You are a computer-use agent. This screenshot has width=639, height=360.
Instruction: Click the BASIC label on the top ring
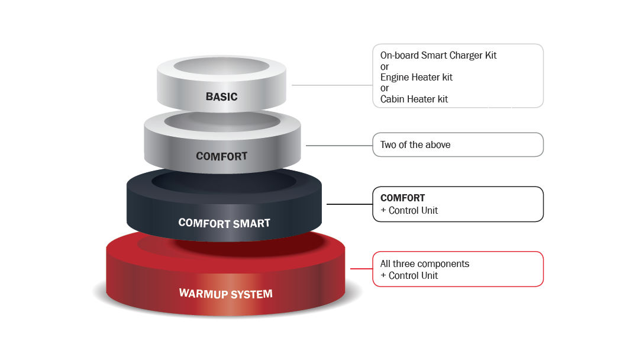(x=221, y=97)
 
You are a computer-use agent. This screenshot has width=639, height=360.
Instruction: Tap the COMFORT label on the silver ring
(x=221, y=156)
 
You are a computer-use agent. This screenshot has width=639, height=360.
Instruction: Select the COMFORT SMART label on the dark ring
(x=224, y=223)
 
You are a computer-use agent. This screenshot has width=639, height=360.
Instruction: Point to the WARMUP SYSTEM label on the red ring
(x=226, y=293)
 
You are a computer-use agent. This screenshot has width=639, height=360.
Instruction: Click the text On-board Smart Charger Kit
(x=438, y=55)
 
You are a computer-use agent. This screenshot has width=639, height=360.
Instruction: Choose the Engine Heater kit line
(x=416, y=77)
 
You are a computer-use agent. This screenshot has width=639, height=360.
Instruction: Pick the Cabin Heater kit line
(x=414, y=99)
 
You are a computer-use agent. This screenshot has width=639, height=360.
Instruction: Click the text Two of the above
(x=415, y=144)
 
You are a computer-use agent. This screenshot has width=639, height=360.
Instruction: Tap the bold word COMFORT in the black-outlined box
(x=402, y=198)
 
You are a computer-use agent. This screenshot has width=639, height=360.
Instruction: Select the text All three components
(x=424, y=263)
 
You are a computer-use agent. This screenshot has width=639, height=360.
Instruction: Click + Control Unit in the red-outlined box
(x=409, y=275)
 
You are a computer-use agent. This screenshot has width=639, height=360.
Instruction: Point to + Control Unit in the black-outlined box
(x=409, y=210)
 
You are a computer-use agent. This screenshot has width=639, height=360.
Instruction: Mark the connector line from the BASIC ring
(x=331, y=85)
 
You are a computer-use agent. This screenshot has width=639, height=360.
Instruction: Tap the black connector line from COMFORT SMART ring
(x=349, y=204)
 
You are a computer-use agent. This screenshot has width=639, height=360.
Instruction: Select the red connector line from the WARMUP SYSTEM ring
(x=361, y=269)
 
